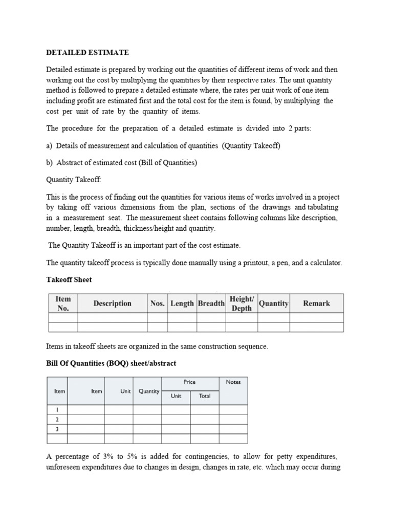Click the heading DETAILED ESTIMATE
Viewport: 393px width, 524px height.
[x=88, y=52]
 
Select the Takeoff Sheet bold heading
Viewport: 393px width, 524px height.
[x=69, y=280]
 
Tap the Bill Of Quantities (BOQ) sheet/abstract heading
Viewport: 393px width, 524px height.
[x=111, y=363]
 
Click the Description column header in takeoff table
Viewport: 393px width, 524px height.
[x=112, y=303]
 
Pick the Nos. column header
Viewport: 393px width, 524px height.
[x=158, y=303]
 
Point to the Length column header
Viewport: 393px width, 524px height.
[x=182, y=303]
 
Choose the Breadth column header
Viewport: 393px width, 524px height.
[x=211, y=303]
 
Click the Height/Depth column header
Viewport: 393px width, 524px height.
[x=242, y=303]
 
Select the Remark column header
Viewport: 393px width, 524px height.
[x=316, y=303]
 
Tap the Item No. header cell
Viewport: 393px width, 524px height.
[x=62, y=303]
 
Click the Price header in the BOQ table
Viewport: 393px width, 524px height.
[x=189, y=382]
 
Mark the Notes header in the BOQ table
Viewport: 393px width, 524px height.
[x=233, y=382]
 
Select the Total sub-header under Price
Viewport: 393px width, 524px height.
[x=205, y=396]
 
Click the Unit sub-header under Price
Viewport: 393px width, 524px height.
[x=176, y=396]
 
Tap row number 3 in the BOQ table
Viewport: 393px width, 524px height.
[x=57, y=429]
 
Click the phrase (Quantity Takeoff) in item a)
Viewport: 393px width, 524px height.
[x=251, y=146]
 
